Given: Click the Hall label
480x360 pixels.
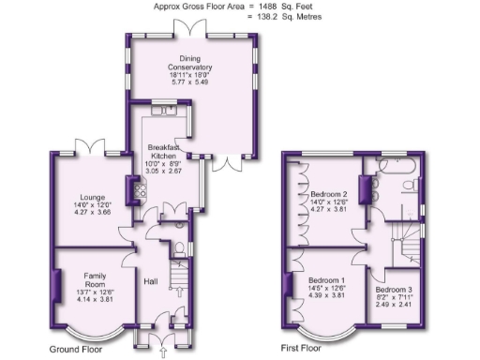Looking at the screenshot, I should coord(151,280).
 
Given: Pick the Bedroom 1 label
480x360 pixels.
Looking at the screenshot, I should coord(327,280).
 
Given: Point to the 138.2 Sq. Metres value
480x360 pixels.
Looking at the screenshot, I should coord(281,17).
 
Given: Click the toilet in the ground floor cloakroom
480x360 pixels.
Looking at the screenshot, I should coord(179,248).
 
